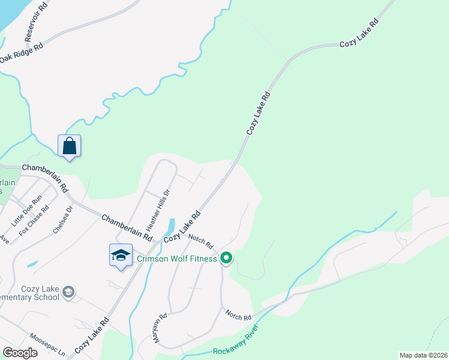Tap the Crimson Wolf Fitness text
point(176,259)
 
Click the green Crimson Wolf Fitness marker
point(226,259)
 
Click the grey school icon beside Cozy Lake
point(68,292)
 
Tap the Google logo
point(20,353)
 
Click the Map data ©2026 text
point(423,355)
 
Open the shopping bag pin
point(70,146)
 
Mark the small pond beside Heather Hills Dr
point(170,227)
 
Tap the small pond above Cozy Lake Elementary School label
point(32,263)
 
